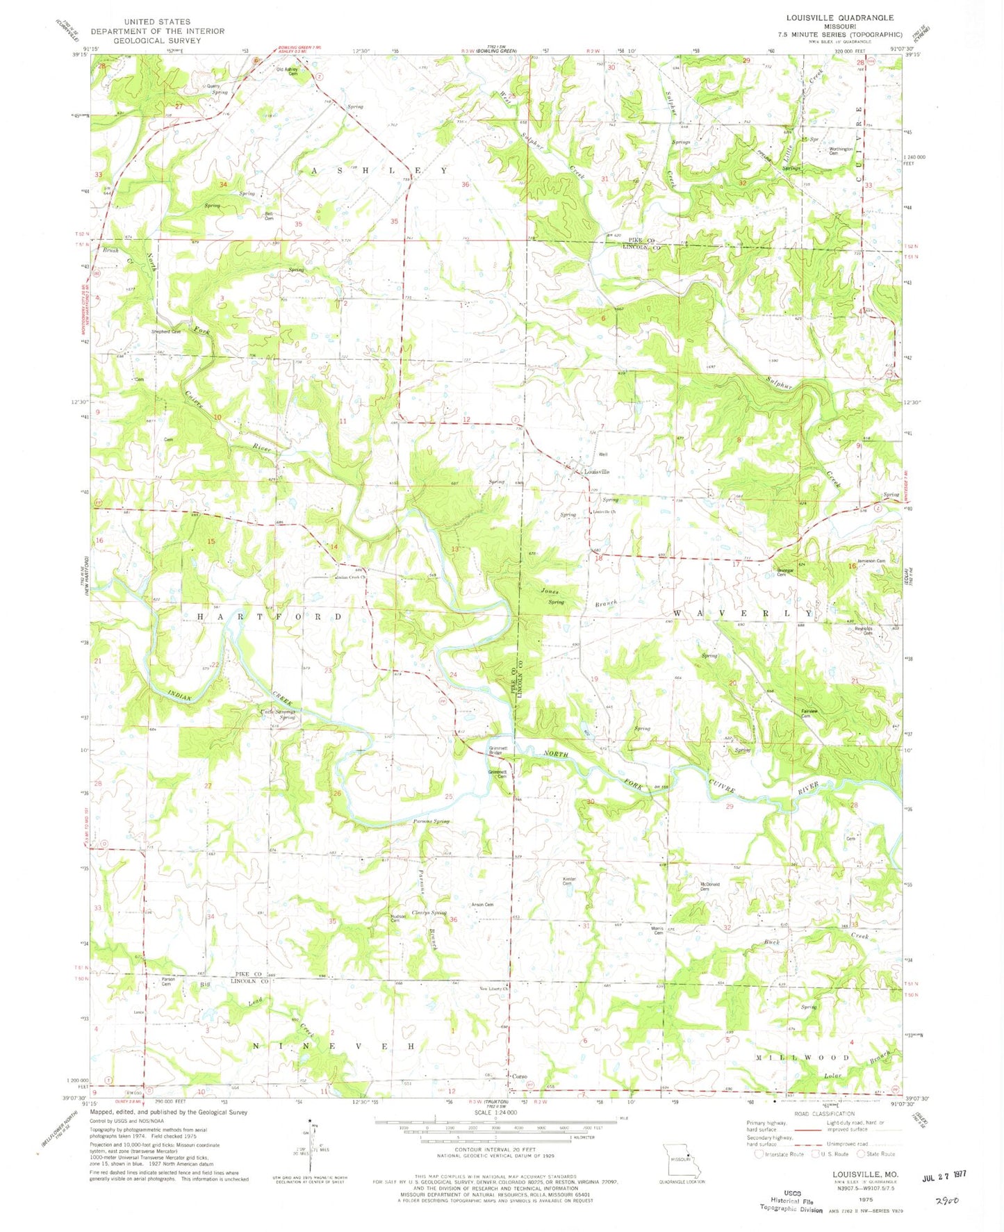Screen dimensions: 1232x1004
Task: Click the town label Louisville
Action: point(597,472)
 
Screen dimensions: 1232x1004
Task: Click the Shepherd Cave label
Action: point(166,331)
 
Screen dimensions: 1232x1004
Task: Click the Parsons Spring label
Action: point(432,821)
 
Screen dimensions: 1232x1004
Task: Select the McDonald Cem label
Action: point(709,886)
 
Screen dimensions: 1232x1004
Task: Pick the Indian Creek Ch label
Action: point(351,577)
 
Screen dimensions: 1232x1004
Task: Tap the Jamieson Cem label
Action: point(870,561)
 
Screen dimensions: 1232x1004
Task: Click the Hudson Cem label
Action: point(398,918)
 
